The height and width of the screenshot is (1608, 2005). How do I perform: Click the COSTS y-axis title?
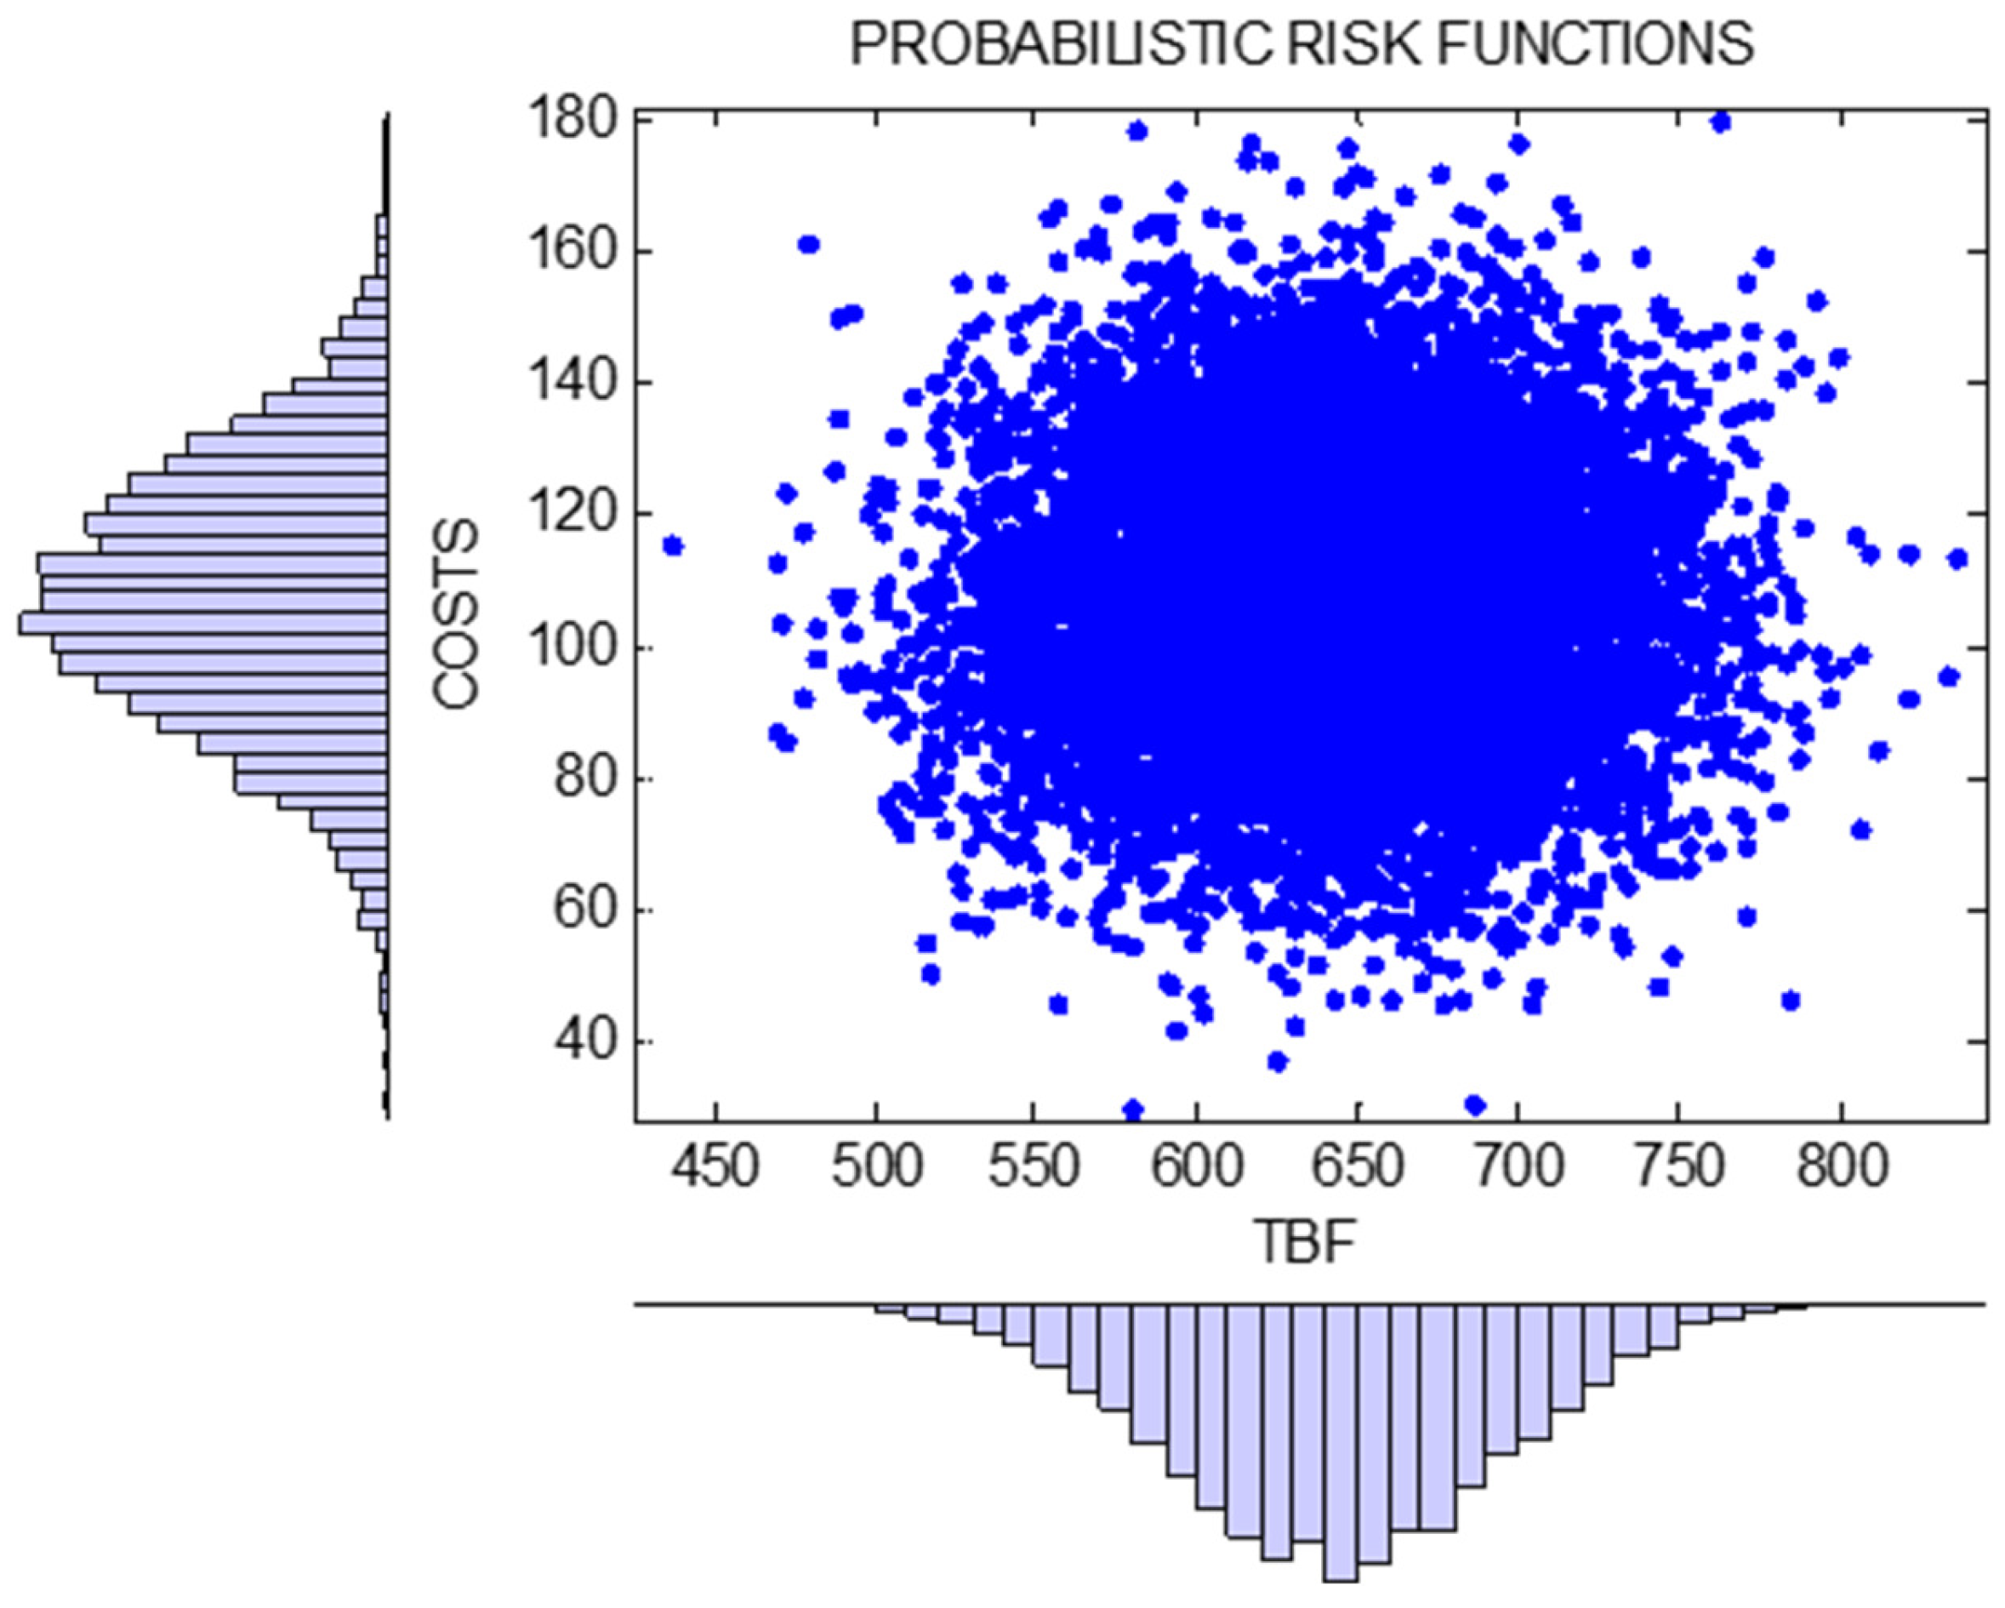tap(457, 616)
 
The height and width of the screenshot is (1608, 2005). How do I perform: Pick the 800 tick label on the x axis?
tap(1839, 1166)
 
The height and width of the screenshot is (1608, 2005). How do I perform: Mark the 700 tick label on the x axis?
tap(1518, 1166)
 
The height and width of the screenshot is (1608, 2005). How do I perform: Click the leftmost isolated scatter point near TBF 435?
tap(673, 546)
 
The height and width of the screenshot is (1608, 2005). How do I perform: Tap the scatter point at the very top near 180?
tap(1720, 122)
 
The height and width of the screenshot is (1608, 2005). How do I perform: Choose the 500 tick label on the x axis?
tap(876, 1166)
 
